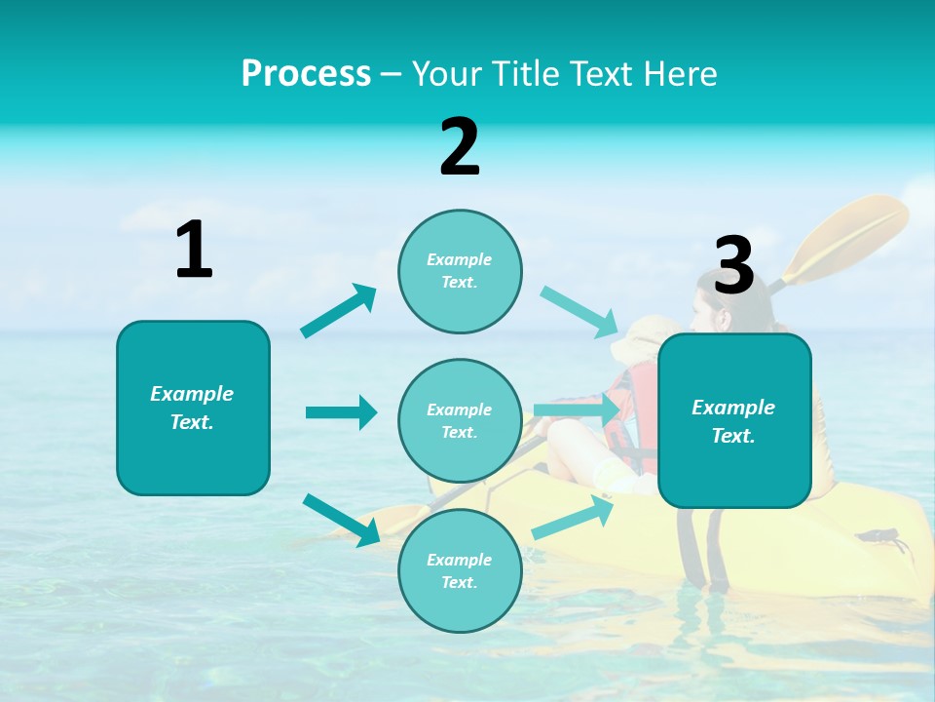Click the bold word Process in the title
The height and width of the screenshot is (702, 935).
pos(306,74)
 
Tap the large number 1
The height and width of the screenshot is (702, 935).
pos(194,250)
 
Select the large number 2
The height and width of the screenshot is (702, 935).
pos(460,147)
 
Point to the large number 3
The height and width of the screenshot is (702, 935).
pos(733,265)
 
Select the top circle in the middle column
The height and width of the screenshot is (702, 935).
pos(460,271)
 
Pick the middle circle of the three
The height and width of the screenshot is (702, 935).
pos(460,420)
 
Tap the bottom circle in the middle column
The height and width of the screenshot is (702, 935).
pos(460,570)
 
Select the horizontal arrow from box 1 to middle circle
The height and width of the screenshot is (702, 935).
pos(341,412)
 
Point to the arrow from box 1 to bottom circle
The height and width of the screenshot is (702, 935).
pos(341,520)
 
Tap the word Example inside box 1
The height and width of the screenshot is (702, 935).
pos(192,394)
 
